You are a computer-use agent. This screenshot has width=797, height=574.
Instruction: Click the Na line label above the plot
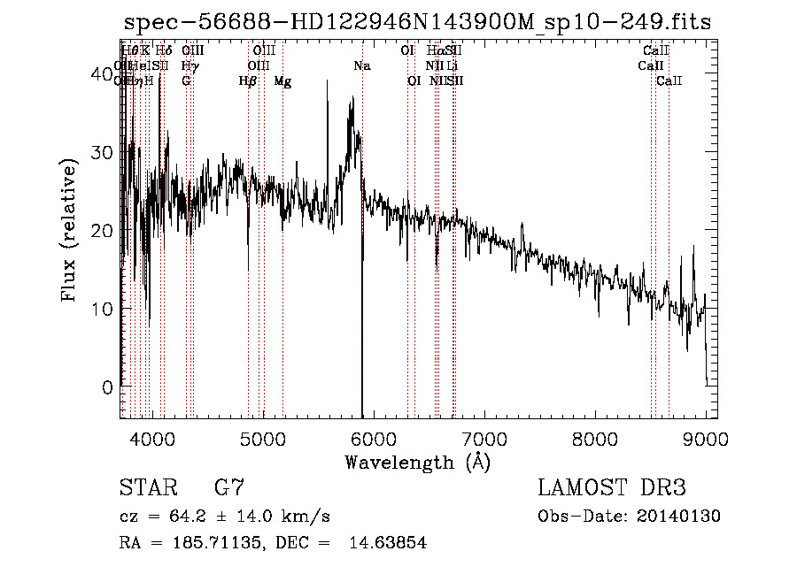point(361,66)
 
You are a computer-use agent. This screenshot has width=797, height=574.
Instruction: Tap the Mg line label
point(282,81)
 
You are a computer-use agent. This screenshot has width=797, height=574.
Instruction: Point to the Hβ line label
point(247,81)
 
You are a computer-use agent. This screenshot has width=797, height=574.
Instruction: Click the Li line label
point(452,66)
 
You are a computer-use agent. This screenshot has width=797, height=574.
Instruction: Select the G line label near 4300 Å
point(186,81)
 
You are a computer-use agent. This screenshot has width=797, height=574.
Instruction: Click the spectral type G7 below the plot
point(229,488)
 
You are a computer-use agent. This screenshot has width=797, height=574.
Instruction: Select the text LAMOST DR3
point(612,488)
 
